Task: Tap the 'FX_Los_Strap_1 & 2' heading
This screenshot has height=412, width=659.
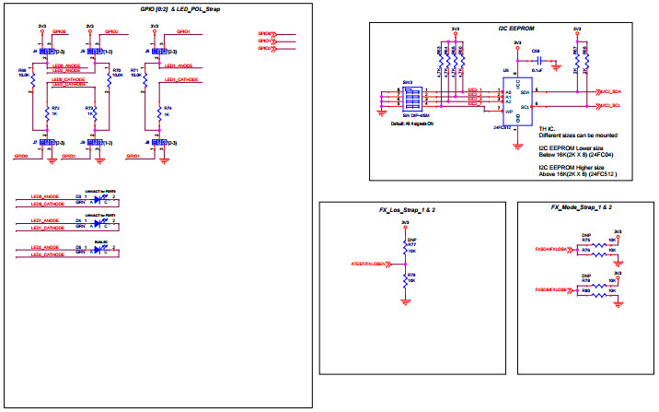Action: coord(407,210)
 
